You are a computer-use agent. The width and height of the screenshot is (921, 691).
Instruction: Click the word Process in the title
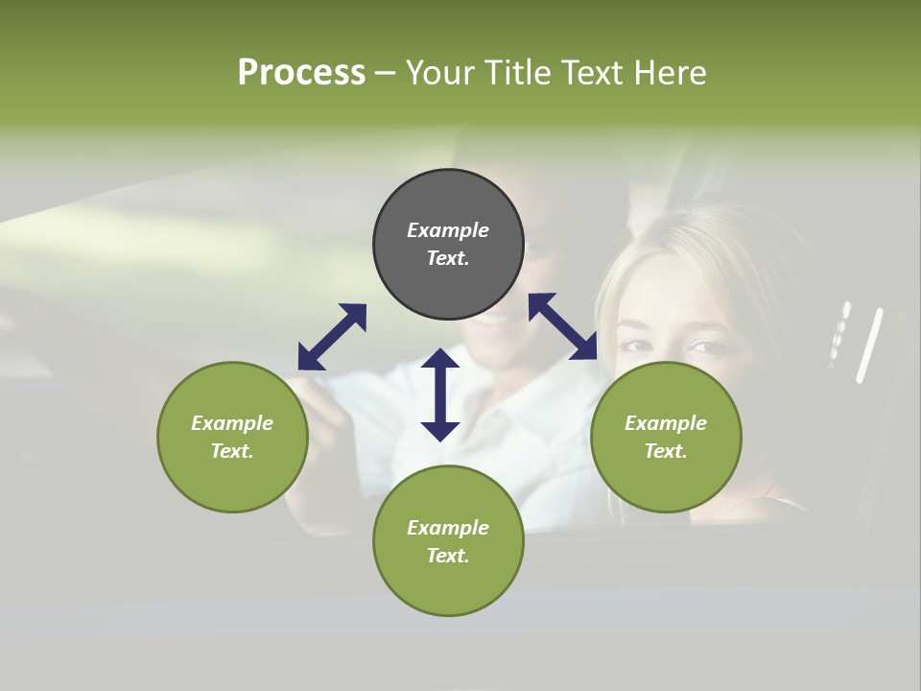tap(301, 73)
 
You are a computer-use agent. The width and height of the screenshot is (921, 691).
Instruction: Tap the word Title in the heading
tap(513, 73)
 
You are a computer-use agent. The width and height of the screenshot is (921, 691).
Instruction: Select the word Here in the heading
tap(672, 73)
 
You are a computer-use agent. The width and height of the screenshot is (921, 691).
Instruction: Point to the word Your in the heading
tap(441, 73)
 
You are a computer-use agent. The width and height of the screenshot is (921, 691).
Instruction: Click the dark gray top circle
tap(448, 245)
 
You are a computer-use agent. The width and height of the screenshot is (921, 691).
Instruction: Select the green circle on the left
tap(232, 437)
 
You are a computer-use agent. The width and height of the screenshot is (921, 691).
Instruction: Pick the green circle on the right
tap(666, 437)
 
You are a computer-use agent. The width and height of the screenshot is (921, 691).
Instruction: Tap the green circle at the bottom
tap(448, 540)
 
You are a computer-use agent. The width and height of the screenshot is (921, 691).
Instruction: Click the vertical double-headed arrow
tap(440, 394)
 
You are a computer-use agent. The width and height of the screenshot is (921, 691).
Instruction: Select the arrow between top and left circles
tap(332, 337)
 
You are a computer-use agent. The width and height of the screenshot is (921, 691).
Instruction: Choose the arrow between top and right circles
tap(562, 326)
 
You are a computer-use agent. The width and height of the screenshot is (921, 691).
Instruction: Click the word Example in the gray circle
tap(448, 230)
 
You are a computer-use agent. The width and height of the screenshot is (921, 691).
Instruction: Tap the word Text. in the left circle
tap(232, 451)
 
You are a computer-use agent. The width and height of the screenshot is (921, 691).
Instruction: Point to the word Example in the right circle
tap(666, 423)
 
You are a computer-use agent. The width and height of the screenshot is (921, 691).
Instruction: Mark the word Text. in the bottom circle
tap(448, 556)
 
